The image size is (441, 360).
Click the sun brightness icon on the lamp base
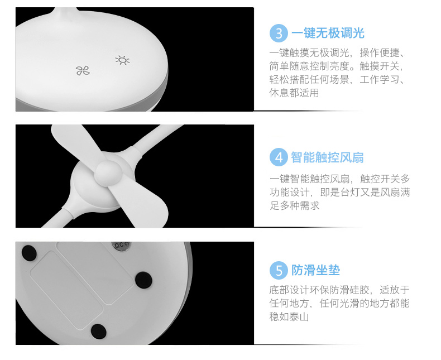[x=122, y=60]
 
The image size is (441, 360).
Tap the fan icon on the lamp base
[x=83, y=70]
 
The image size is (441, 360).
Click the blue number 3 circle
[x=279, y=33]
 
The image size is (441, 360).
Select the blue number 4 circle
[x=279, y=157]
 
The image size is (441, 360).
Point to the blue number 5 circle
[x=279, y=270]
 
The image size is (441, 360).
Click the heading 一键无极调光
[x=328, y=33]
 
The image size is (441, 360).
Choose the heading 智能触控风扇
[x=327, y=157]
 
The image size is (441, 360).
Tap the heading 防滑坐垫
[x=315, y=270]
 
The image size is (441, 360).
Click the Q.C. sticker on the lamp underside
[x=121, y=245]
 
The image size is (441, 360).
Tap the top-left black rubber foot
[x=29, y=253]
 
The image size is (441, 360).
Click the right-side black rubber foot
[x=143, y=280]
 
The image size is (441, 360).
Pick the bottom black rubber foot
[x=98, y=332]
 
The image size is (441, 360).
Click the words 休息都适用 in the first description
[x=294, y=93]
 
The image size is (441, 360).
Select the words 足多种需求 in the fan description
[x=295, y=205]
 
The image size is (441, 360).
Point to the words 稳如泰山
[x=289, y=316]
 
